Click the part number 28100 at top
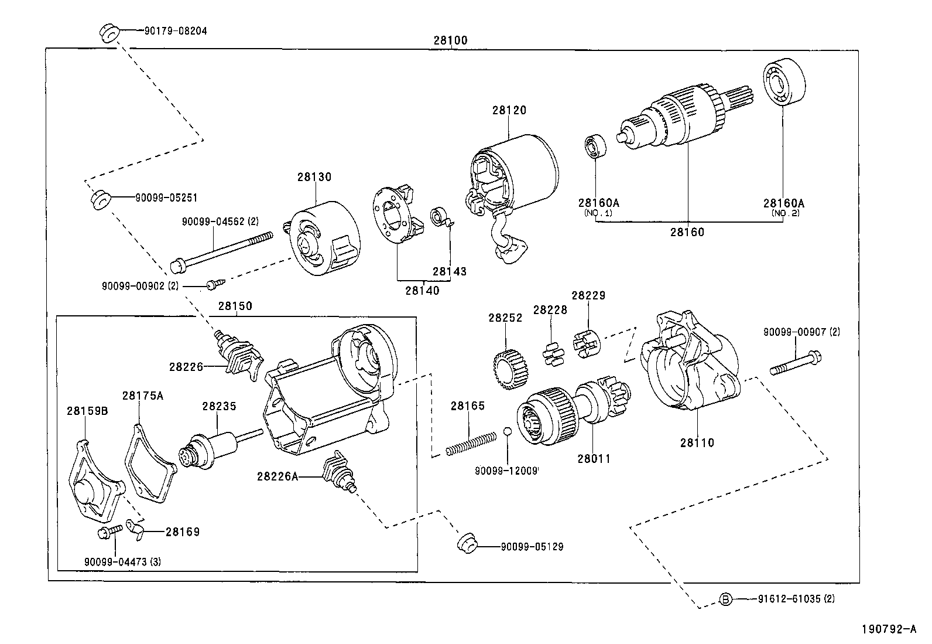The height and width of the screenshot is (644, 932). click(x=450, y=40)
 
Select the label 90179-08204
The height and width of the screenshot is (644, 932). click(x=175, y=31)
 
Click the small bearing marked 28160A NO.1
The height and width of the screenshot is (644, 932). click(x=595, y=145)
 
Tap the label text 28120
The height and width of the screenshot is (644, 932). click(x=509, y=110)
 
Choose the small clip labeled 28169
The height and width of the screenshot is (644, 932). click(x=137, y=530)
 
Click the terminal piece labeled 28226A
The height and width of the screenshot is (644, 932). click(x=338, y=472)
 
